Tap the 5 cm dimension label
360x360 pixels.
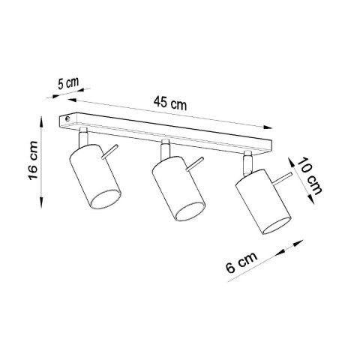68,83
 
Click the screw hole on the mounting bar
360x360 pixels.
68,118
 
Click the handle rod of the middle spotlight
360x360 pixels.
196,163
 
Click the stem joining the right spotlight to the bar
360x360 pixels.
245,159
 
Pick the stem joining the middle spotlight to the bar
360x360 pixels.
163,146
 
